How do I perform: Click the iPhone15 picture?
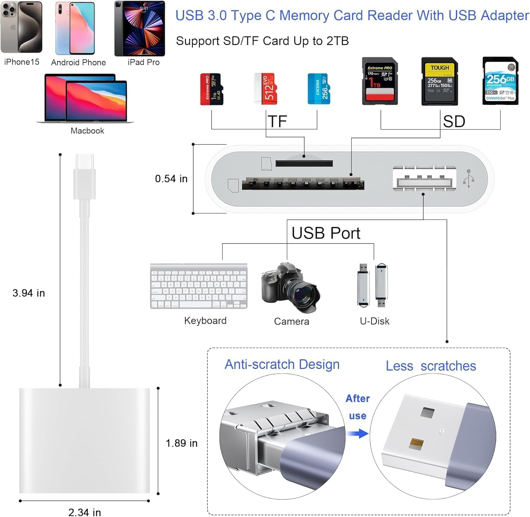[x=22, y=28]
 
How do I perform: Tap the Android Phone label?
[x=78, y=63]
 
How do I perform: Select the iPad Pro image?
[x=140, y=29]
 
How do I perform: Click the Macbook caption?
[x=87, y=131]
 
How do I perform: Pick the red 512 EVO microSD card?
[x=265, y=89]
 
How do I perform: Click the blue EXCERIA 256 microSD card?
[x=319, y=89]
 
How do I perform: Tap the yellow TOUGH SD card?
[x=440, y=81]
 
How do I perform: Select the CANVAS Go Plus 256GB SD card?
[x=500, y=81]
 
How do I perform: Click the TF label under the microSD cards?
[x=277, y=122]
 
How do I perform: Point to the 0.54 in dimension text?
[x=171, y=179]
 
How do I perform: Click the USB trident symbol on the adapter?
[x=469, y=178]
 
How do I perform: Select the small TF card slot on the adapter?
[x=304, y=163]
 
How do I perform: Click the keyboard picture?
[x=199, y=286]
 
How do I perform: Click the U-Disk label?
[x=375, y=321]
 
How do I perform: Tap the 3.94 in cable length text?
[x=29, y=293]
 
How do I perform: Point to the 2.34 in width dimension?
[x=85, y=512]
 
